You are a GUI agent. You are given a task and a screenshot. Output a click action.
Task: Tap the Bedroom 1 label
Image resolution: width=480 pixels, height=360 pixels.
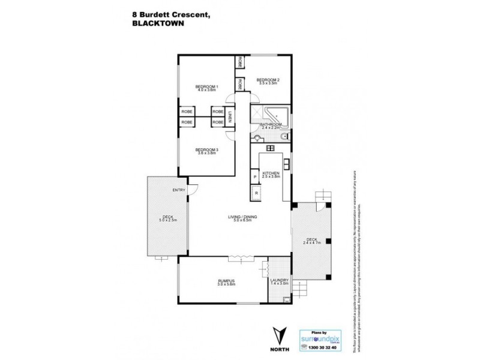click(206, 88)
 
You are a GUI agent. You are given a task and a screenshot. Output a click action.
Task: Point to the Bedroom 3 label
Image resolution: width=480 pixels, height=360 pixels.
click(206, 151)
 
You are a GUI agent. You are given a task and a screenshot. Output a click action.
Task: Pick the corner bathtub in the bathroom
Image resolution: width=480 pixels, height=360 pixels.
click(277, 115)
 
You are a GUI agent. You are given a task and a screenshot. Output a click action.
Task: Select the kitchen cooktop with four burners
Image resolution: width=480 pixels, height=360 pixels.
click(269, 147)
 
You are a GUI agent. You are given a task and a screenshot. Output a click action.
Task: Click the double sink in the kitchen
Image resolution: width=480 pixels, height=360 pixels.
click(287, 163)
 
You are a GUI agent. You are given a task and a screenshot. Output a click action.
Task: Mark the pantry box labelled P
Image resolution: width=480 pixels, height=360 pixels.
click(255, 178)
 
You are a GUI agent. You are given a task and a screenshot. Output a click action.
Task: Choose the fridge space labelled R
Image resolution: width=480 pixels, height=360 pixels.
click(256, 193)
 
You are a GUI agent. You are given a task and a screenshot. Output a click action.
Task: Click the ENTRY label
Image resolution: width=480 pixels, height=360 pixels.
click(179, 190)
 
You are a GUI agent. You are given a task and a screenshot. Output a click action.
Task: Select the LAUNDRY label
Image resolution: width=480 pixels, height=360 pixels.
click(280, 281)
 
